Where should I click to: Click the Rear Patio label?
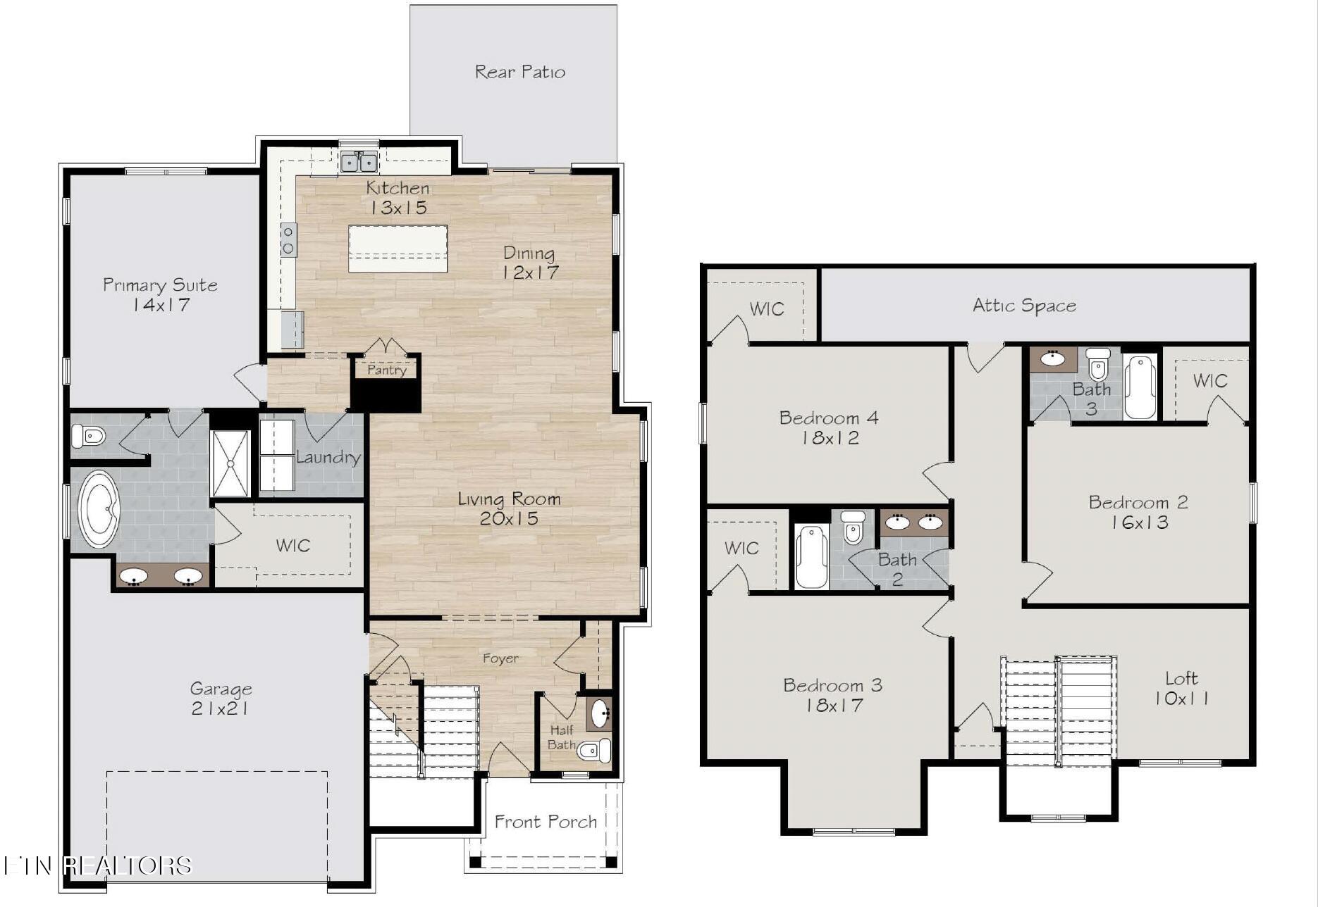click(x=520, y=72)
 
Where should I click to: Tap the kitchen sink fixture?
click(x=359, y=163)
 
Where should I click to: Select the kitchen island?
click(x=398, y=249)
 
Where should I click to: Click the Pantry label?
click(x=387, y=370)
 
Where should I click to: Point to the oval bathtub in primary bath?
click(x=99, y=509)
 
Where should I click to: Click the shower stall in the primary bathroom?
click(x=230, y=464)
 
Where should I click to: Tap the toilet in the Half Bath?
click(x=593, y=751)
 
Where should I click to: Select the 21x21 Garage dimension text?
click(x=220, y=708)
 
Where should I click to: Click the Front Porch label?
click(x=546, y=822)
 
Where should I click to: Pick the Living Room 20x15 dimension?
click(x=509, y=519)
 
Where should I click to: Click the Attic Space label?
click(x=1024, y=306)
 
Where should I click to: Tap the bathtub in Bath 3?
click(x=1140, y=387)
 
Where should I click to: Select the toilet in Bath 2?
click(x=853, y=527)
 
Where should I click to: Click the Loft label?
click(x=1181, y=678)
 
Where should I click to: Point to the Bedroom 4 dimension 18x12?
click(x=830, y=438)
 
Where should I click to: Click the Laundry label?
click(x=328, y=458)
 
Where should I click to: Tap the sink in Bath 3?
click(x=1053, y=358)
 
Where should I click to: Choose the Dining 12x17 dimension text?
click(x=531, y=273)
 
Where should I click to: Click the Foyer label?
click(x=500, y=659)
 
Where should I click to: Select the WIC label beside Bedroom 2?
click(x=1210, y=381)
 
